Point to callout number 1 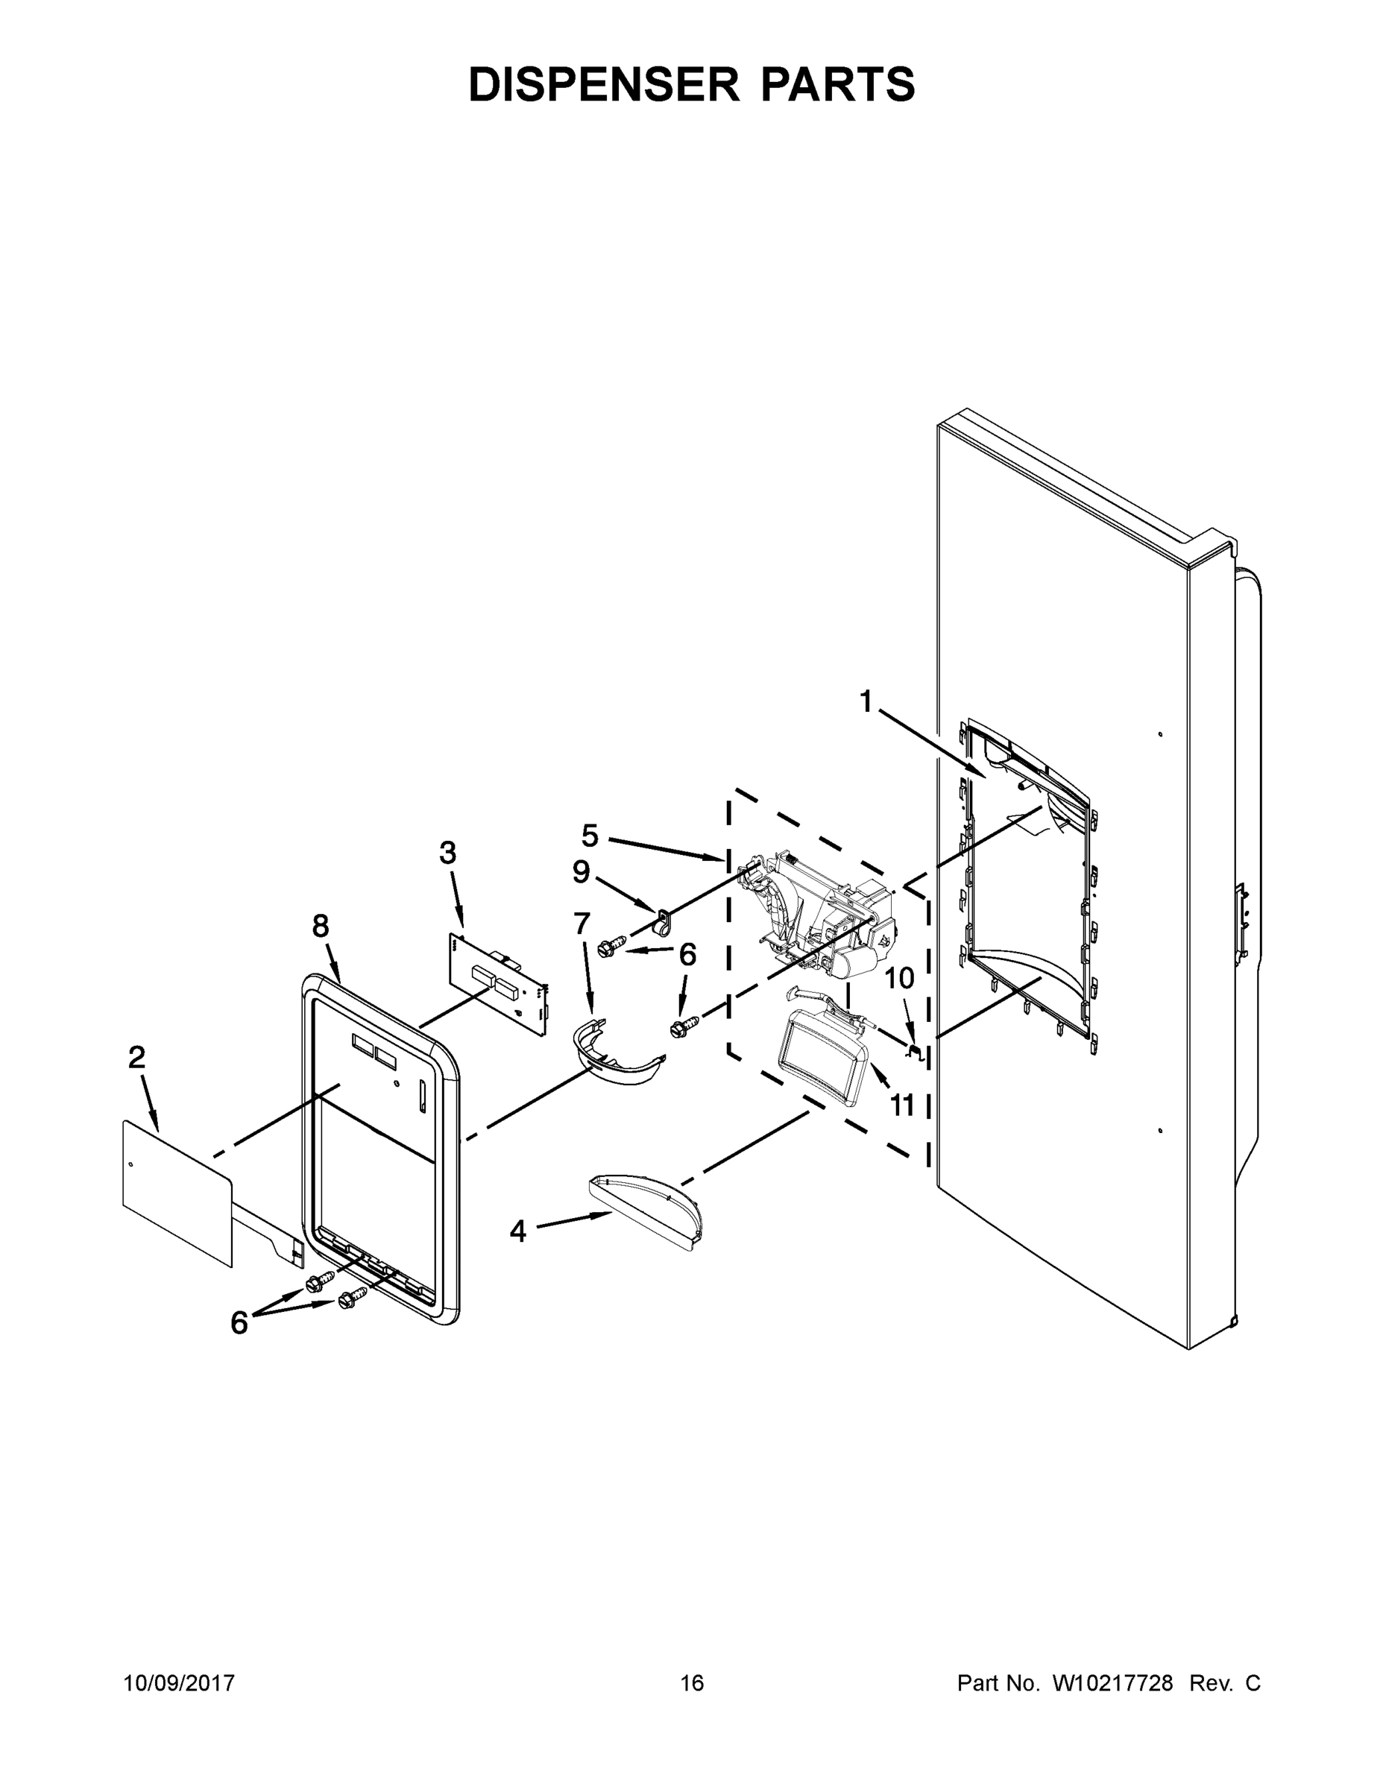tap(865, 702)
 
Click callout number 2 tap(137, 1058)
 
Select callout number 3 tap(447, 853)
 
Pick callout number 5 tap(590, 836)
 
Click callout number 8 tap(321, 926)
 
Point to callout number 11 tap(902, 1105)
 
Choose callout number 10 tap(900, 978)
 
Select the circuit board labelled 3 tap(498, 985)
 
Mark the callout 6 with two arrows tap(239, 1322)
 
